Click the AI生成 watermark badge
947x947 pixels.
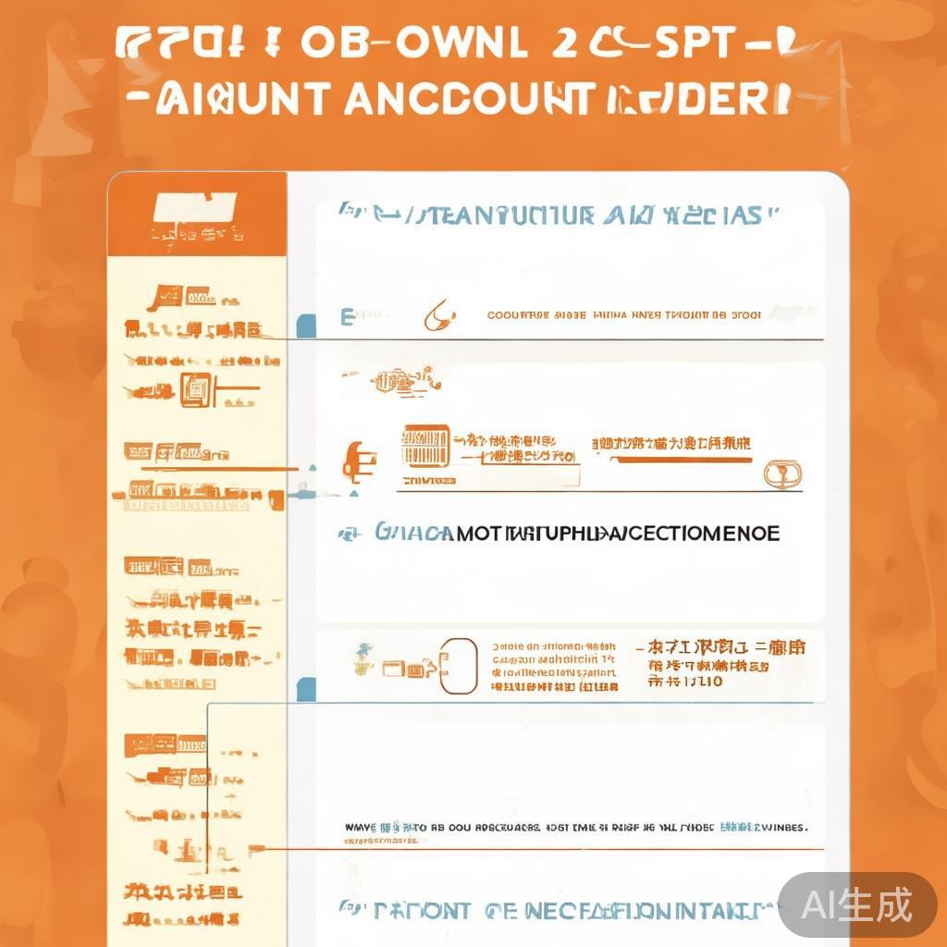click(856, 904)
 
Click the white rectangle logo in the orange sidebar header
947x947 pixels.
click(196, 207)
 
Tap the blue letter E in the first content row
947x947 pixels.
click(348, 318)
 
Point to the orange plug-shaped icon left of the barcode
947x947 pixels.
click(354, 460)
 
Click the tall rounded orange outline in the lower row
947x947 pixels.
click(459, 666)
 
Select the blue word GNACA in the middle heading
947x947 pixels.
click(412, 534)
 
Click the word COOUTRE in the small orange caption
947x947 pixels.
click(518, 315)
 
